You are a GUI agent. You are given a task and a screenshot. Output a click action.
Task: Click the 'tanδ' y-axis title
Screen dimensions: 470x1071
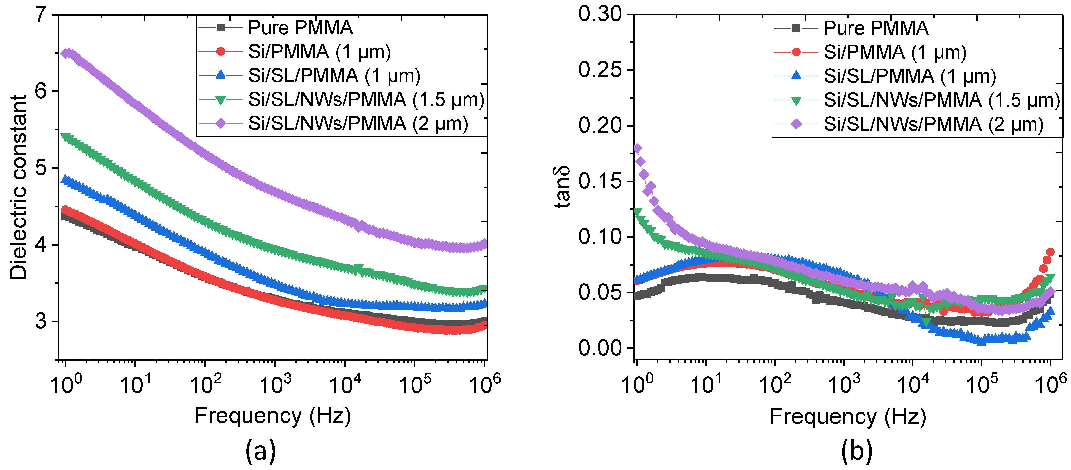562,187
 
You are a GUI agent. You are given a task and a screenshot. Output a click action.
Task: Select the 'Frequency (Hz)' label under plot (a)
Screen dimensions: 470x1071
273,416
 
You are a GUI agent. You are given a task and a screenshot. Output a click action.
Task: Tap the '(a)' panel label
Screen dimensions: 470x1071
261,451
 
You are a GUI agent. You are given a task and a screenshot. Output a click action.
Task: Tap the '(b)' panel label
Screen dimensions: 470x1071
856,451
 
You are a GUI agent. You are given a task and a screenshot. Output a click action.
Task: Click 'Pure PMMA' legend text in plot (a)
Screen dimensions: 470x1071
300,28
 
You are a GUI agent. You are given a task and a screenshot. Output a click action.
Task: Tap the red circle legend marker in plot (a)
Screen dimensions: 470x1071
220,52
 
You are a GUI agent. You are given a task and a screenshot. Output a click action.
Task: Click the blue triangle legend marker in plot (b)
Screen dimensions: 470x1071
796,76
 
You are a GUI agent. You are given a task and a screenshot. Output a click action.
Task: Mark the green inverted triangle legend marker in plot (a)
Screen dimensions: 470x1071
220,100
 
